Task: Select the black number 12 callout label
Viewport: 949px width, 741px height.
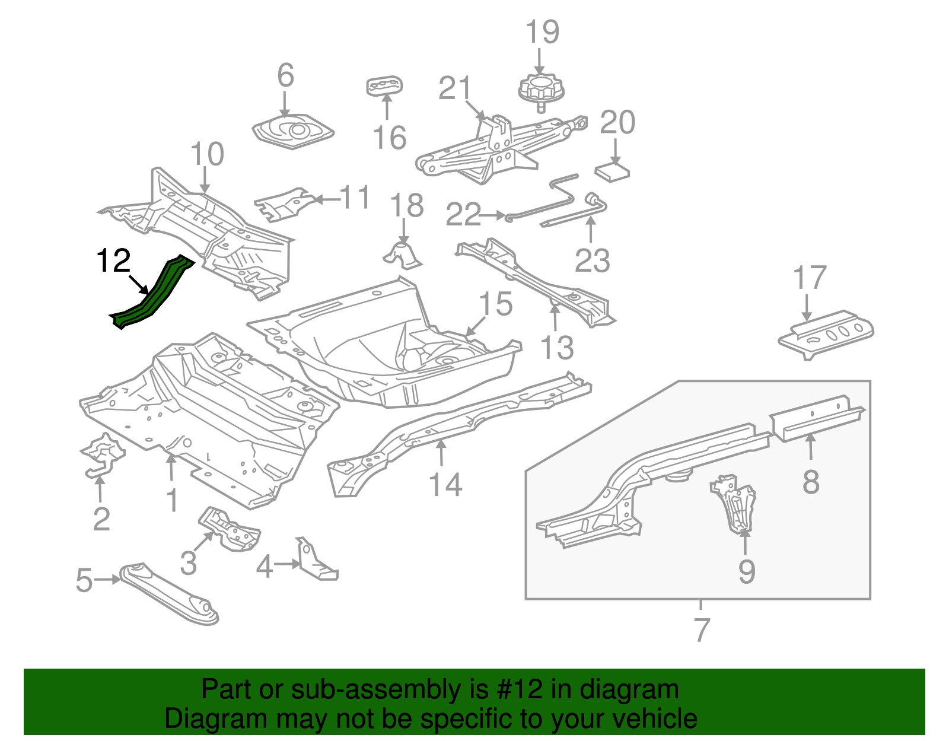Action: click(113, 261)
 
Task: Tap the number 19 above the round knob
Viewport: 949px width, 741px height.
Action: click(542, 33)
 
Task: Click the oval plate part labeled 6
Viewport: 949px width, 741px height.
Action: click(292, 131)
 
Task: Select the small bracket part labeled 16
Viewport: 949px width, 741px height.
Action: click(384, 85)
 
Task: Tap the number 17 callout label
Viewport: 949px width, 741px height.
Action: click(810, 278)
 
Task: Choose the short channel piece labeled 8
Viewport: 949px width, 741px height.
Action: click(817, 417)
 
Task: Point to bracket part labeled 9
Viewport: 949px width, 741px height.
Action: click(735, 504)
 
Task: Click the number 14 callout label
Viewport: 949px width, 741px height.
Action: click(445, 485)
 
